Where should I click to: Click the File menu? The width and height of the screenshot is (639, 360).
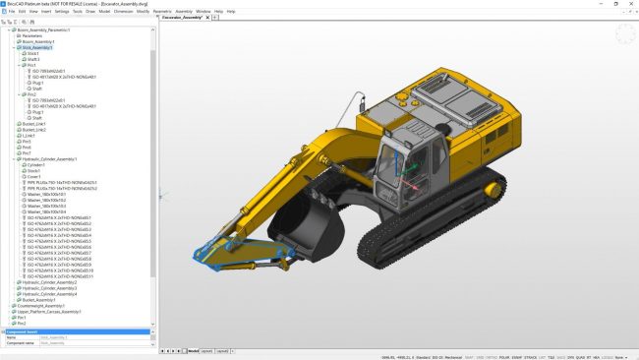pyautogui.click(x=12, y=11)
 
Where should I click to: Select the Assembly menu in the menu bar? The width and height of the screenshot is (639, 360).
pyautogui.click(x=184, y=11)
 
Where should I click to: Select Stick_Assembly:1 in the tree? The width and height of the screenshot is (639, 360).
pyautogui.click(x=38, y=46)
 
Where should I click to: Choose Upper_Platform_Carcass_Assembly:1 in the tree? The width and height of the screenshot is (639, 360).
pyautogui.click(x=55, y=311)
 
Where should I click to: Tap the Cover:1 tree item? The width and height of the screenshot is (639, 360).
pyautogui.click(x=35, y=176)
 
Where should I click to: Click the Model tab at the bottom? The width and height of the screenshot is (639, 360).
pyautogui.click(x=193, y=350)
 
